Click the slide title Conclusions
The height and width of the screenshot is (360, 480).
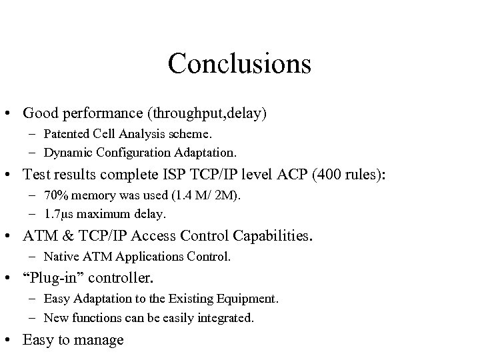pyautogui.click(x=239, y=64)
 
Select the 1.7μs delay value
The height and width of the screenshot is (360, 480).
pyautogui.click(x=57, y=213)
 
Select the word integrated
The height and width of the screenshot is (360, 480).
pyautogui.click(x=227, y=318)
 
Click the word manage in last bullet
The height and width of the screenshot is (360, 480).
pyautogui.click(x=101, y=340)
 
